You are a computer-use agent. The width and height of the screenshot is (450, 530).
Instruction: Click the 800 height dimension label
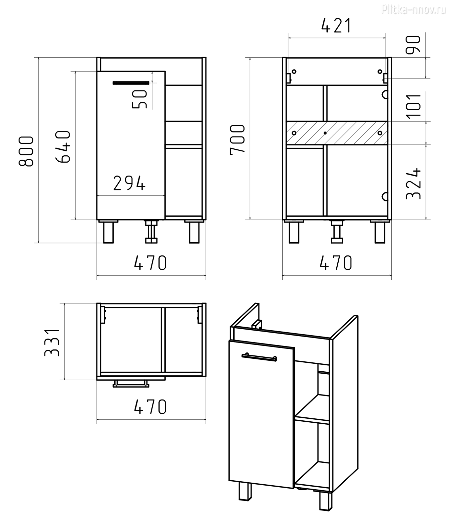point(26,151)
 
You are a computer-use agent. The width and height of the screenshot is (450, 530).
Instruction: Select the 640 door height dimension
point(63,146)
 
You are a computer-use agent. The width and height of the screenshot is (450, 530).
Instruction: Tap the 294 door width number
point(129,183)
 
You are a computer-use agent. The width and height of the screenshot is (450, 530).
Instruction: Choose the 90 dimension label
point(413,44)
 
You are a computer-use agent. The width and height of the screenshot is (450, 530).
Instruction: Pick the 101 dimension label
point(414,105)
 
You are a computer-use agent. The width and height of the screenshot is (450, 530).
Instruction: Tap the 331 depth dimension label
point(52,343)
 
